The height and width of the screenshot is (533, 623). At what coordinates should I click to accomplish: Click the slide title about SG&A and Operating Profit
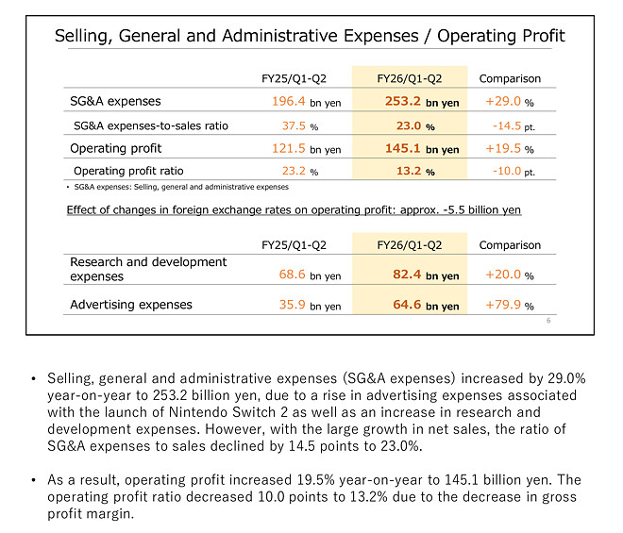point(310,37)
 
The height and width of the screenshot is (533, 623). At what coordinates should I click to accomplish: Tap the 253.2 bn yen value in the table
point(422,101)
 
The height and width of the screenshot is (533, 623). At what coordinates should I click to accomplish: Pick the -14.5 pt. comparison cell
point(514,125)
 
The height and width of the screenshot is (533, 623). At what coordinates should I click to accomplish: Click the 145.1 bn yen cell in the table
point(422,149)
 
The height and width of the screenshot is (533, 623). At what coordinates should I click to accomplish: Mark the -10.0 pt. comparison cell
point(514,172)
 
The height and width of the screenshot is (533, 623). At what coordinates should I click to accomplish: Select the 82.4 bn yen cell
point(425,275)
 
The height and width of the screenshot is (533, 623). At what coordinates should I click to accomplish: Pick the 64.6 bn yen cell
point(425,306)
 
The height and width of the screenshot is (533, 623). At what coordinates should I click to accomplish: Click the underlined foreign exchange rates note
point(294,209)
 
